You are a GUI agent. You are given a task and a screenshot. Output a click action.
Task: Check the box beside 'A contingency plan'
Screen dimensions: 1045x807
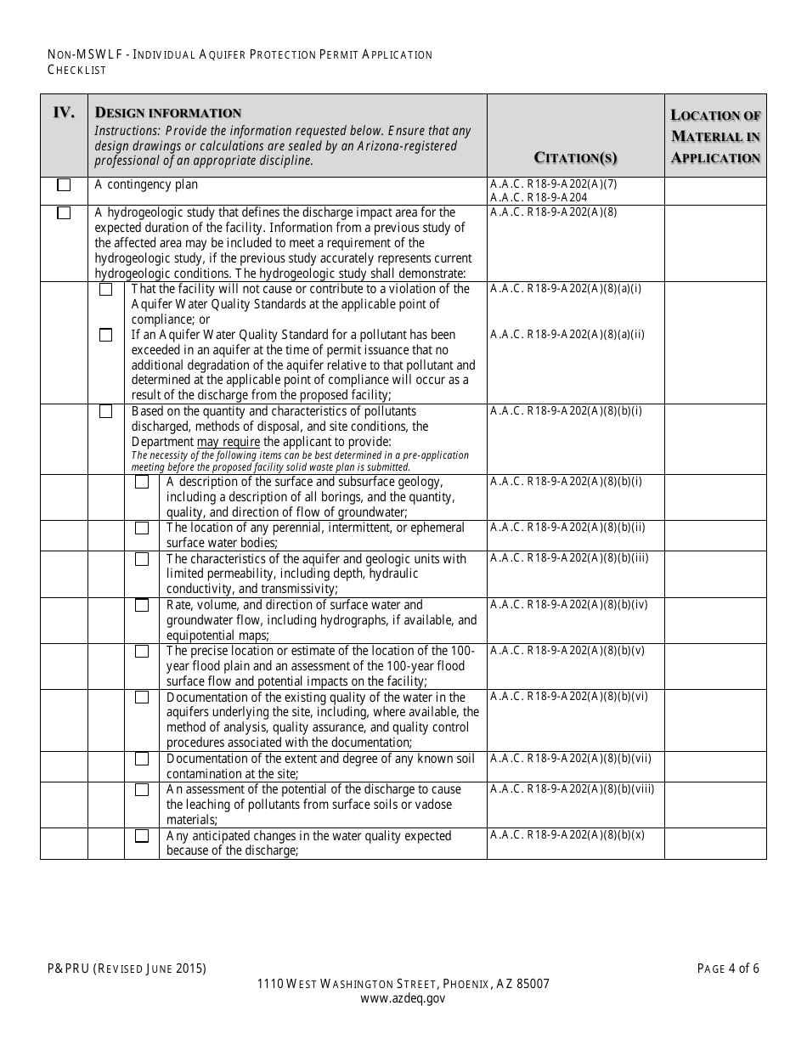point(64,185)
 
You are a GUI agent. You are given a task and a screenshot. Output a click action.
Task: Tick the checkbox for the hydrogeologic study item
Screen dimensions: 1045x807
point(64,213)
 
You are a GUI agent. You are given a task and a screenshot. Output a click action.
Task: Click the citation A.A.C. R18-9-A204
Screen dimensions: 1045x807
point(539,197)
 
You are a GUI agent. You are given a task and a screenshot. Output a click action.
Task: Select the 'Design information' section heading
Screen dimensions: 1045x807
point(168,113)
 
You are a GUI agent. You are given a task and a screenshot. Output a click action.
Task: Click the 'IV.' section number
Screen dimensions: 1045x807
point(64,112)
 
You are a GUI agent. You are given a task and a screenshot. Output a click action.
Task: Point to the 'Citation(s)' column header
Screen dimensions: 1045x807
point(575,157)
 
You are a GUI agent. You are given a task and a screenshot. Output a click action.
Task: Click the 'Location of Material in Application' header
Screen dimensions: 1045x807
point(715,136)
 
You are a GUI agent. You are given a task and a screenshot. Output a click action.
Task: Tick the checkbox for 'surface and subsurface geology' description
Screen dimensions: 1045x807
point(142,483)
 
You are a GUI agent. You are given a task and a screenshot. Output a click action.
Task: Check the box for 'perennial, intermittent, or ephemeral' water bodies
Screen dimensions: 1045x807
point(142,528)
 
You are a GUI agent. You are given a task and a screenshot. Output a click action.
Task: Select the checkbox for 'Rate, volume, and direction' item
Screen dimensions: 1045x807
point(142,606)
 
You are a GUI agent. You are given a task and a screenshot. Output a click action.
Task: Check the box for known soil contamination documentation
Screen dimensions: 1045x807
point(142,759)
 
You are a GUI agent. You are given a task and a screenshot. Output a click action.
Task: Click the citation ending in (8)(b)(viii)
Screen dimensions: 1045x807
point(572,789)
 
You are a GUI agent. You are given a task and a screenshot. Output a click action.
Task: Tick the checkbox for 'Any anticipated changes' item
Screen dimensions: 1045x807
point(142,836)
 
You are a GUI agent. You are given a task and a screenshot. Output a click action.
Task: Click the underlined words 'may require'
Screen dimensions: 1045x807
point(229,442)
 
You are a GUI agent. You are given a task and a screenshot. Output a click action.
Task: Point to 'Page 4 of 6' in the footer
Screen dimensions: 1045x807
point(728,969)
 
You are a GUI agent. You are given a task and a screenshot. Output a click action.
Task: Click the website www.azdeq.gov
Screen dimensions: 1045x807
point(403,999)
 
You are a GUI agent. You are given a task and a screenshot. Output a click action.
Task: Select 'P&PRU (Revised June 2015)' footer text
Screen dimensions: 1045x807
point(127,969)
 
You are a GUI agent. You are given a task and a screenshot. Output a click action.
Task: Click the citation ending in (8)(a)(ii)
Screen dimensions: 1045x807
point(567,334)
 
